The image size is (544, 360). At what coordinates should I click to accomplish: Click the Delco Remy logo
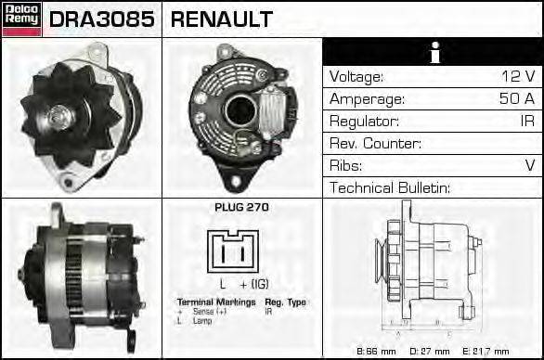(21, 19)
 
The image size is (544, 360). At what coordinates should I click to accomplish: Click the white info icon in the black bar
(433, 53)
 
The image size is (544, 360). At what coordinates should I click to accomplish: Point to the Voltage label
(356, 76)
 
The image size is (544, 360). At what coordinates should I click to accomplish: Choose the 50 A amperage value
(516, 98)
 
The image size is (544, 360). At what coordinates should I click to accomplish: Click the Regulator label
(364, 122)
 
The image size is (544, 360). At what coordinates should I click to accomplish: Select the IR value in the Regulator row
(525, 122)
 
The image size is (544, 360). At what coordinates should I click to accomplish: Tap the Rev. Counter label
(375, 144)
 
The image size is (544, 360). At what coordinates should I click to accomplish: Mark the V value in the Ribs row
(529, 166)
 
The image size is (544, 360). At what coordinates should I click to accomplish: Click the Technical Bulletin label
(390, 188)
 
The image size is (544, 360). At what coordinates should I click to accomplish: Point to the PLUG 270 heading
(241, 208)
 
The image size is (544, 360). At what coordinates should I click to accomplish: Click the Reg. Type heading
(285, 302)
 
